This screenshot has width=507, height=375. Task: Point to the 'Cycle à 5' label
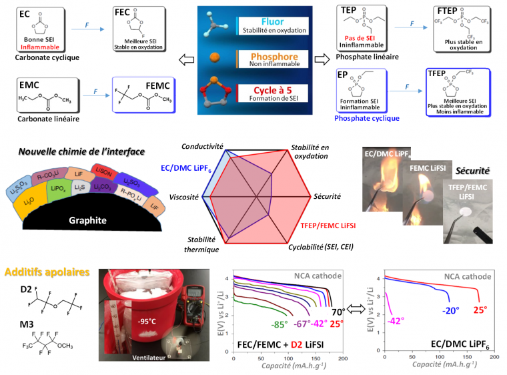pos(272,91)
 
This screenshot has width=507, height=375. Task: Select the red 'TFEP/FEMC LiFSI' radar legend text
pos(326,226)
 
